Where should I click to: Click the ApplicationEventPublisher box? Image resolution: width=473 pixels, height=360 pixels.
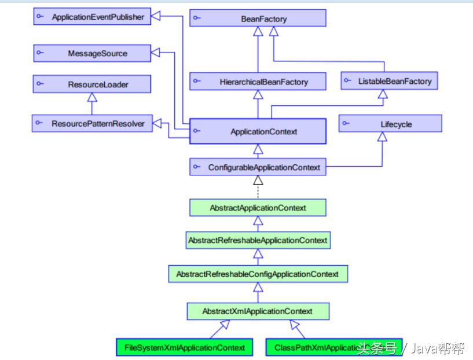[92, 17]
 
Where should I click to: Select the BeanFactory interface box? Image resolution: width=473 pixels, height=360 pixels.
[258, 19]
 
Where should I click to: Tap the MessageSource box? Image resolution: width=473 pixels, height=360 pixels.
[92, 53]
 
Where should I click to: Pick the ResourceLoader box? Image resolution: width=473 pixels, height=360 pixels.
[92, 85]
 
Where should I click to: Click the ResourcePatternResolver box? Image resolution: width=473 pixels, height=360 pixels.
[92, 123]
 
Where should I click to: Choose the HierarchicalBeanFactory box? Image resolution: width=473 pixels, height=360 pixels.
[258, 82]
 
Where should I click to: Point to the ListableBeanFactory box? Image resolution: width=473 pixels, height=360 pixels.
[388, 81]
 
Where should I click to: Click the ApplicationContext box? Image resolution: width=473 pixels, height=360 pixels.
[258, 131]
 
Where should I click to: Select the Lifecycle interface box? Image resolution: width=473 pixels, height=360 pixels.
[390, 124]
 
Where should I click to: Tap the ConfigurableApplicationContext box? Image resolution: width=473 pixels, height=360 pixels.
[258, 167]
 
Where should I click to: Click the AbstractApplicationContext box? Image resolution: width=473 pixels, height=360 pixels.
[258, 207]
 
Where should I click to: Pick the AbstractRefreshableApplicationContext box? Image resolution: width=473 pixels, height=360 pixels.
[258, 240]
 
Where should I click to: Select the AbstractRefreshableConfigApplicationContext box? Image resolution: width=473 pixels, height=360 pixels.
[258, 274]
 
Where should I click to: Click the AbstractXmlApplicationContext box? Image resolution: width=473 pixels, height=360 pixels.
[258, 311]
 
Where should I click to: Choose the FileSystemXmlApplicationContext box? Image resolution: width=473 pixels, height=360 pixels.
[185, 347]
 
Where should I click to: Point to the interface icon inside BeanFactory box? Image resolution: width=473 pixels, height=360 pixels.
[197, 19]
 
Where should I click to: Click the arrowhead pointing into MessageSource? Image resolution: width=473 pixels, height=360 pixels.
[156, 54]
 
